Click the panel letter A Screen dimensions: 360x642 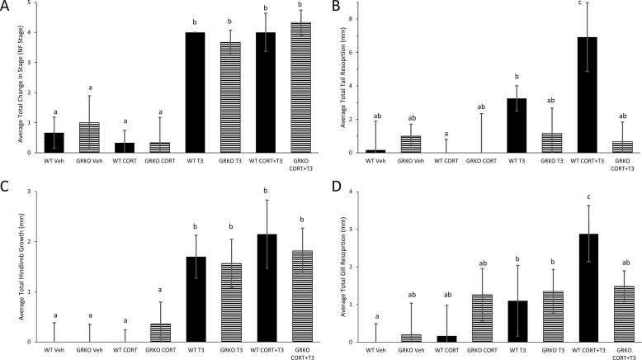tap(7, 7)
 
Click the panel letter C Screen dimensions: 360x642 tap(7, 183)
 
